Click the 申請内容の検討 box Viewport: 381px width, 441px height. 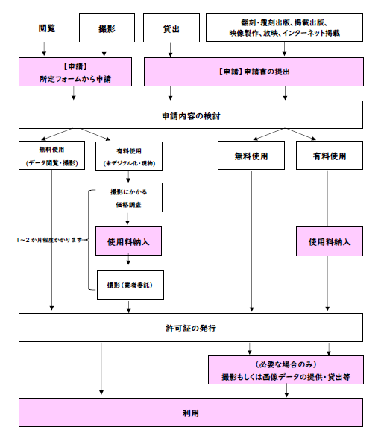(191, 115)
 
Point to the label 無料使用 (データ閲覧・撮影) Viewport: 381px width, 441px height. (52, 156)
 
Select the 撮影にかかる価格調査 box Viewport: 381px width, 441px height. (128, 197)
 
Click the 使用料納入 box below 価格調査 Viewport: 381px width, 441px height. (128, 241)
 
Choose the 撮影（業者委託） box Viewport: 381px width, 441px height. (128, 285)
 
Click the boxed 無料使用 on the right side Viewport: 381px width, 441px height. (251, 156)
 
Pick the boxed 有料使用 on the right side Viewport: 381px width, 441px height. (329, 156)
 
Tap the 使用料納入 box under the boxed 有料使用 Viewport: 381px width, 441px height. (329, 241)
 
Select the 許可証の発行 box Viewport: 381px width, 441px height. (191, 327)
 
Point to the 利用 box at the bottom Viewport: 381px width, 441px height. (191, 411)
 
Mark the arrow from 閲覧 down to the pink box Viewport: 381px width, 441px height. (46, 49)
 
